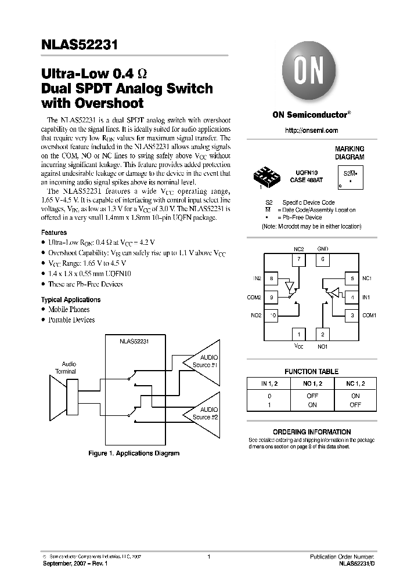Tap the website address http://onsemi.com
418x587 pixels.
point(311,131)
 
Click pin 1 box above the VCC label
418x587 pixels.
point(298,334)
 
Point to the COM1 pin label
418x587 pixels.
point(369,316)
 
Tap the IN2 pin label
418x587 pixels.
point(258,278)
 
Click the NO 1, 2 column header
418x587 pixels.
point(312,383)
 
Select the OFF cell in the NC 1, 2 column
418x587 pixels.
point(355,405)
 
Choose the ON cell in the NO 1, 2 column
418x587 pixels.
point(312,405)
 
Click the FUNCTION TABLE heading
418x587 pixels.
point(311,371)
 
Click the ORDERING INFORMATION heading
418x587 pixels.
point(312,432)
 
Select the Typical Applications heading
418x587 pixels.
point(71,300)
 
